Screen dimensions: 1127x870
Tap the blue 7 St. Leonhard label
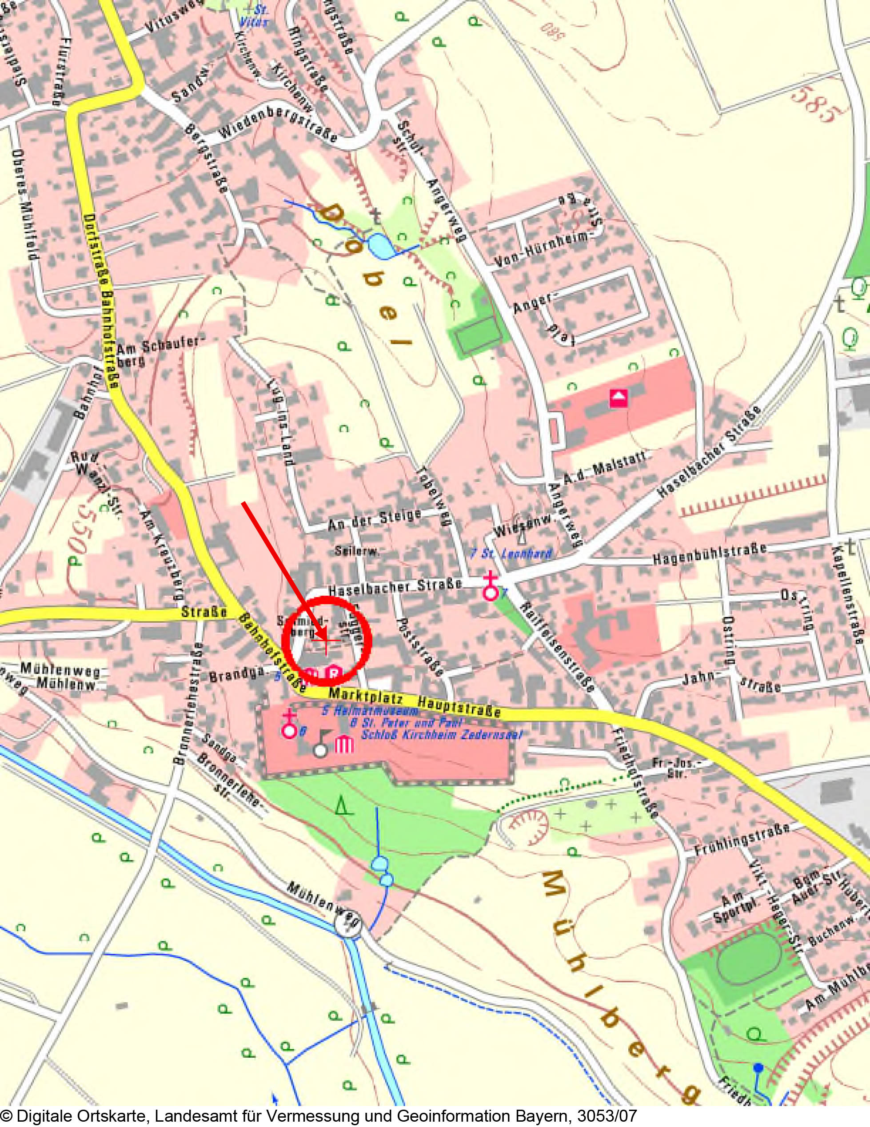511,553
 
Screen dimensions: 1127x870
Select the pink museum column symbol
345,745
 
